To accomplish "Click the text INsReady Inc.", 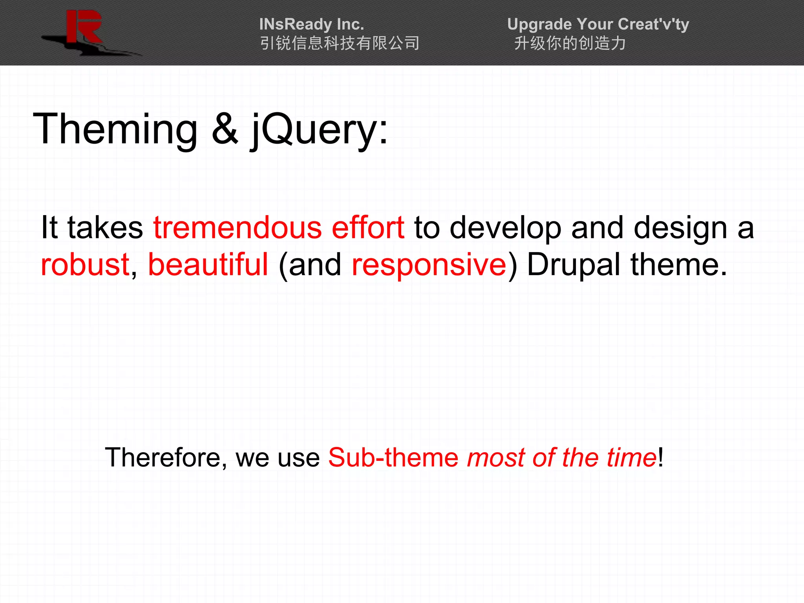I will [x=312, y=24].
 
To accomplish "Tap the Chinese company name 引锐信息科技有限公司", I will [x=340, y=43].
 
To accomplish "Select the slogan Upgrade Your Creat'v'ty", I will [x=598, y=24].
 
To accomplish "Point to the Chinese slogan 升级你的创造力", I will [x=570, y=43].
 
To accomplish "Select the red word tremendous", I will [x=237, y=228].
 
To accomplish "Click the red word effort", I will [x=368, y=228].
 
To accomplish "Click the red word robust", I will [x=85, y=265].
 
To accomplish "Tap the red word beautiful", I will [x=208, y=265].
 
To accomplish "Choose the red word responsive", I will [x=429, y=265].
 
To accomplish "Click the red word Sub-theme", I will [x=393, y=458].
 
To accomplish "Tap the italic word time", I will [x=631, y=458].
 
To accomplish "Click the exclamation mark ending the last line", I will [x=661, y=458].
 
